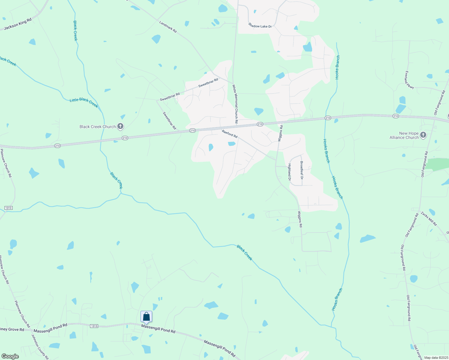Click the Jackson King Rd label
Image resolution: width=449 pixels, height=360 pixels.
(x=18, y=24)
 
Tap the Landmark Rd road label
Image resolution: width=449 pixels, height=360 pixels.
(x=168, y=27)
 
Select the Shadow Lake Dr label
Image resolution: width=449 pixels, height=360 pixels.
(x=260, y=26)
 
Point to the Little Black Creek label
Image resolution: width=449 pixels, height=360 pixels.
(x=84, y=102)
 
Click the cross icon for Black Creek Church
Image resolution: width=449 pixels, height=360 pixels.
(x=120, y=127)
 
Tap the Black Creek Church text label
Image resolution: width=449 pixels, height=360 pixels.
(x=98, y=127)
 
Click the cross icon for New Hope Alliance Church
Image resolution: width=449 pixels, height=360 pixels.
(x=423, y=135)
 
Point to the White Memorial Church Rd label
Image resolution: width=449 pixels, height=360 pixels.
(x=235, y=104)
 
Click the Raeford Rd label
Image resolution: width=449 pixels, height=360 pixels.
(x=230, y=134)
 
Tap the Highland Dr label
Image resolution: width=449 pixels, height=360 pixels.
(x=290, y=172)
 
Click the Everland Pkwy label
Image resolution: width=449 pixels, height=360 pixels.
(x=409, y=80)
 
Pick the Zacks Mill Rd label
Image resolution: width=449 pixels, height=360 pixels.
(x=429, y=219)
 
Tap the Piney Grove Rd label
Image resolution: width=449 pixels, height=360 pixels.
(x=12, y=329)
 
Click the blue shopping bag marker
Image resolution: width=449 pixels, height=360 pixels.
(x=146, y=317)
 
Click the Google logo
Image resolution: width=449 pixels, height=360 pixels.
(x=10, y=356)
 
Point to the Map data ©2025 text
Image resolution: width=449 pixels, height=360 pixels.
(x=435, y=358)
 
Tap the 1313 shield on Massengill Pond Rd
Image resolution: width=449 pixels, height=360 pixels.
(x=94, y=326)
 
